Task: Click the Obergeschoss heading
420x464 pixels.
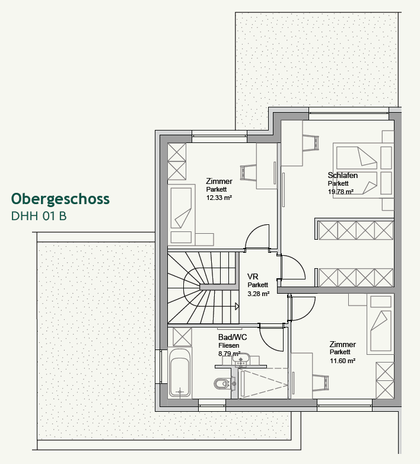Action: [61, 199]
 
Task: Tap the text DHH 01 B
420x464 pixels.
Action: [39, 216]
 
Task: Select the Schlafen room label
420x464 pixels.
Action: [342, 175]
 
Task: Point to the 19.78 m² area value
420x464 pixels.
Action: [341, 192]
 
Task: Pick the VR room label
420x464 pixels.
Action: [253, 277]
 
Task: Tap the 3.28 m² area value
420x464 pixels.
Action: [259, 293]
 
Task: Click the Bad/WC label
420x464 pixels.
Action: [233, 337]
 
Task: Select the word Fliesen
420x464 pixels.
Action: [228, 345]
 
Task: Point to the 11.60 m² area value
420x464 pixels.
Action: [342, 361]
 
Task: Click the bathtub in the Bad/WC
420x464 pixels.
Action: [180, 372]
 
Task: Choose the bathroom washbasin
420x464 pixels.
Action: [241, 359]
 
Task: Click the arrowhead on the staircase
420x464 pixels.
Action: [236, 307]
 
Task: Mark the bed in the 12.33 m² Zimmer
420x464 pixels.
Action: [181, 208]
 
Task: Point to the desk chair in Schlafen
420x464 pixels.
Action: [311, 142]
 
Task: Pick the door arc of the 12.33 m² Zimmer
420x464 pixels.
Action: [258, 237]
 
